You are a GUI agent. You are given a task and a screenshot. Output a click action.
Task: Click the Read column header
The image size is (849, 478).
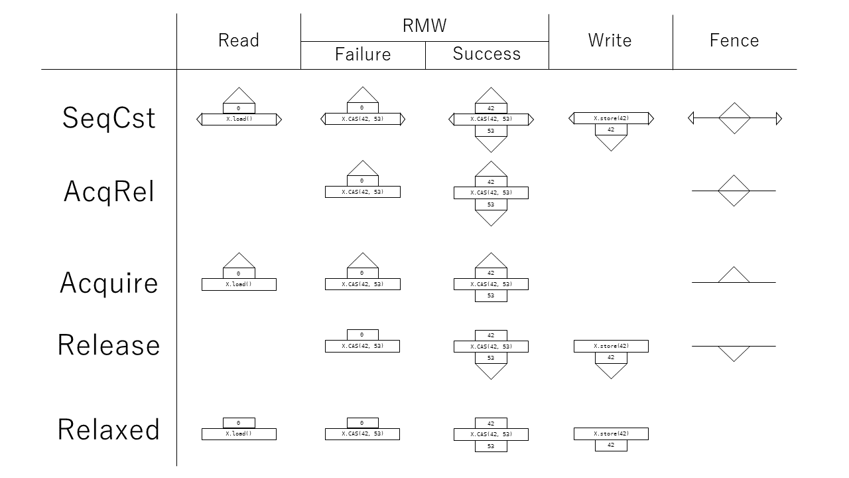pos(238,40)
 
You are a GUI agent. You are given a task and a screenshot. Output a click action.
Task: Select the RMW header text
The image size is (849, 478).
pos(424,26)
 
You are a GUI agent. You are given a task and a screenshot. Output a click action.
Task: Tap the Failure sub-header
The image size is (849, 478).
pos(363,54)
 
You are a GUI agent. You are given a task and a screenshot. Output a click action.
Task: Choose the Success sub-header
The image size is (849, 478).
pos(486,54)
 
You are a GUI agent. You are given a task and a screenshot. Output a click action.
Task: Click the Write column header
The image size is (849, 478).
pos(610,40)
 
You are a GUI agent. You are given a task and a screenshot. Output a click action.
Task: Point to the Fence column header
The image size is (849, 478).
pos(734,40)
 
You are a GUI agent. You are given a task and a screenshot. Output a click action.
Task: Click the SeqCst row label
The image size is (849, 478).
pos(109,118)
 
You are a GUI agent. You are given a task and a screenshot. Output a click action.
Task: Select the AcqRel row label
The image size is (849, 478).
pos(109,192)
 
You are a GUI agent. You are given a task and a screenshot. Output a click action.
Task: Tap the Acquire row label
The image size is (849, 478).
pos(109,283)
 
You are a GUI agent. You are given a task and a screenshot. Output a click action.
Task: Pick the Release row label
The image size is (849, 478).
pos(109,345)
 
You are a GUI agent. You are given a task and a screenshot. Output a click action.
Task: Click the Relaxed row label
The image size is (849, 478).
pos(109,430)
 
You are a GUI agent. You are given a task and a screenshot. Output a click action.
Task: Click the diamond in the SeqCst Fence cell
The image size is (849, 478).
pos(734,118)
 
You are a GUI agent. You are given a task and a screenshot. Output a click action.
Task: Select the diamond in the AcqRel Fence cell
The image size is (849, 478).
pos(734,191)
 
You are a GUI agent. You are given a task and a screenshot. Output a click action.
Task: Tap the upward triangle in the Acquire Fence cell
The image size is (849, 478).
pos(734,276)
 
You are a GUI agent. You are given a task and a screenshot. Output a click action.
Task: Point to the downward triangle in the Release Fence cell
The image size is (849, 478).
pos(734,353)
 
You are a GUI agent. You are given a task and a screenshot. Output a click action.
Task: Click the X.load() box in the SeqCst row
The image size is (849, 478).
pos(239,119)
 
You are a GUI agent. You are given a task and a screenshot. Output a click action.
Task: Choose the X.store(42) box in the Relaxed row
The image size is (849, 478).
pos(611,434)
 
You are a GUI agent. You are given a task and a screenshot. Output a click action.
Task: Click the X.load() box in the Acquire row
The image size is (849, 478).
pos(239,284)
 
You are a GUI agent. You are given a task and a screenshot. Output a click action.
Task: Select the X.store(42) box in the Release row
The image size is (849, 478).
pos(611,346)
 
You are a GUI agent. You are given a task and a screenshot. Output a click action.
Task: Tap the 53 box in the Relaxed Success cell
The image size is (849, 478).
pos(491,446)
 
